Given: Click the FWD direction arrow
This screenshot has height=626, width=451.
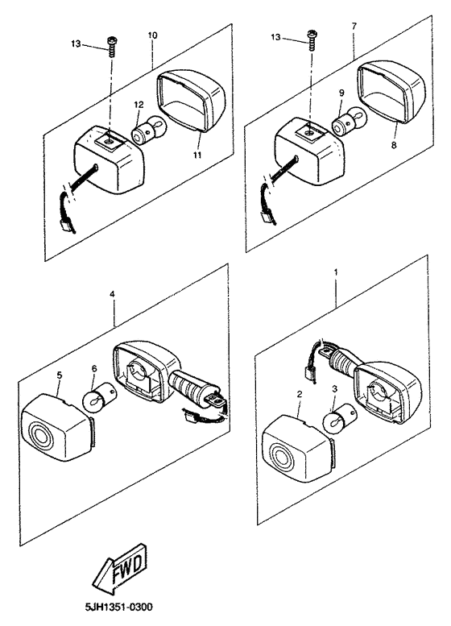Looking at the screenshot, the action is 120,568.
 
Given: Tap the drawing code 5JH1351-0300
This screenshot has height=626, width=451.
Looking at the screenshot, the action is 119,607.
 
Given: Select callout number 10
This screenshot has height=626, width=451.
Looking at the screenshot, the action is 152,35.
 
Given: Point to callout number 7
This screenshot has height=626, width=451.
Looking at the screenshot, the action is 354,26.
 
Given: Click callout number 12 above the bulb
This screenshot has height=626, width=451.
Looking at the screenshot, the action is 139,105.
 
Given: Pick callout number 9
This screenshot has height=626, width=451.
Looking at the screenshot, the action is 341,93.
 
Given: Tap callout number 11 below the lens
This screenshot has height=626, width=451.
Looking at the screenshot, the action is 197,155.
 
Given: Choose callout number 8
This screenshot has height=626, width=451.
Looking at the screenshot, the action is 394,146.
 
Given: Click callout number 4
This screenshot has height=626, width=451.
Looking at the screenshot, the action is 113,294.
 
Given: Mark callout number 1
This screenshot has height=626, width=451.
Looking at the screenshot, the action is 336,272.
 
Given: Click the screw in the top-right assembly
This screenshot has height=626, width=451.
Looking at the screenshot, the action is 311,40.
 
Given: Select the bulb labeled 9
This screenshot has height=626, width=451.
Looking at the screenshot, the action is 350,120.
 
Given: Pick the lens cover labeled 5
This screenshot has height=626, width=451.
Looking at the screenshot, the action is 56,427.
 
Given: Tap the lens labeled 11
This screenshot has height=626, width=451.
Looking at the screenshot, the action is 191,100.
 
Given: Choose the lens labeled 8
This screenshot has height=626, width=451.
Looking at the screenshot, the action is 390,91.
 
